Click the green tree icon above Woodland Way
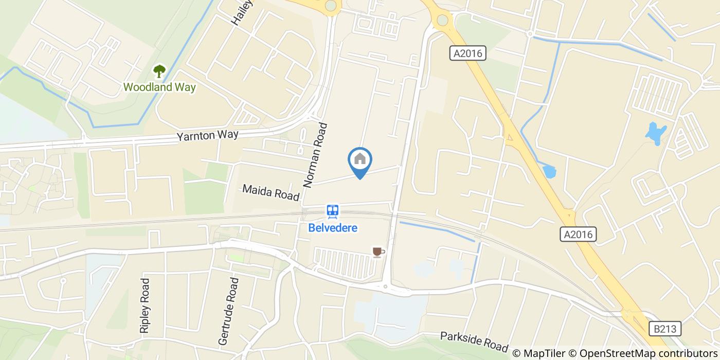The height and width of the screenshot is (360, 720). [x=159, y=71]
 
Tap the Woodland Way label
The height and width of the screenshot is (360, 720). [x=159, y=87]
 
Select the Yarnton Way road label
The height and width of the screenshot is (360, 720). [x=208, y=136]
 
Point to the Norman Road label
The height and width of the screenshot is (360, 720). [x=315, y=155]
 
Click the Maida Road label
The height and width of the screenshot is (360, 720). [x=271, y=193]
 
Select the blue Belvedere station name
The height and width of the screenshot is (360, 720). [x=333, y=227]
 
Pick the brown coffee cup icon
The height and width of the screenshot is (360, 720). [x=378, y=251]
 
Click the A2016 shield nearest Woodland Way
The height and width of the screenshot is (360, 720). [x=467, y=53]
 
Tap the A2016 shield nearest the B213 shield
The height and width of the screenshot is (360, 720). [x=579, y=235]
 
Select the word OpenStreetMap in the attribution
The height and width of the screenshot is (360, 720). [x=612, y=353]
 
